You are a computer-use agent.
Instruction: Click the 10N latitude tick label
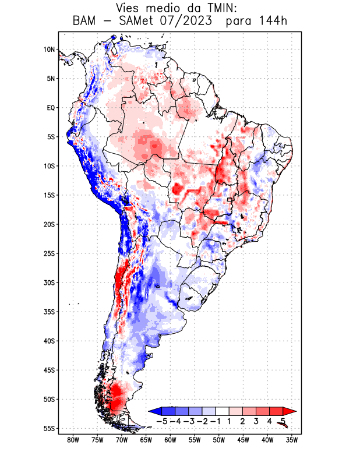point(49,50)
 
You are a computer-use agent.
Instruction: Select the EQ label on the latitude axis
point(51,108)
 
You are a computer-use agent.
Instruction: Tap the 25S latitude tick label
point(49,253)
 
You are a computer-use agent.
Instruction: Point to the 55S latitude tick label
point(49,428)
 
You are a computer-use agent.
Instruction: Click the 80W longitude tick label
point(73,440)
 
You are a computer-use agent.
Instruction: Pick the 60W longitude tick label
point(170,440)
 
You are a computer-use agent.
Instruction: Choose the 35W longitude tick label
point(292,440)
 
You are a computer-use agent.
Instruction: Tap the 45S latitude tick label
point(49,370)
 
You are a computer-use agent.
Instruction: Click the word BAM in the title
point(85,21)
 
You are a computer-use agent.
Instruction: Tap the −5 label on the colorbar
point(161,421)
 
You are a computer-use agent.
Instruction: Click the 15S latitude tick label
point(49,195)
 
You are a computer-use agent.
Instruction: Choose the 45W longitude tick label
point(243,440)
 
